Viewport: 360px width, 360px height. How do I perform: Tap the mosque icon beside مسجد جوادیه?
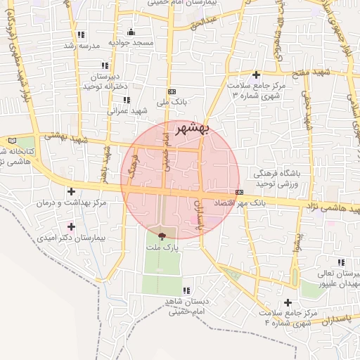click(x=131, y=32)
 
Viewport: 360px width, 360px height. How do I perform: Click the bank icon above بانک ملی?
click(x=172, y=91)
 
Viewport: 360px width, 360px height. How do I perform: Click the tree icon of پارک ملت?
click(x=163, y=237)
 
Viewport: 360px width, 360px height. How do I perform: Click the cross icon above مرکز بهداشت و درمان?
click(x=71, y=191)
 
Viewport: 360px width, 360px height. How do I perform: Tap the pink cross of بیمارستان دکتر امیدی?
click(x=71, y=226)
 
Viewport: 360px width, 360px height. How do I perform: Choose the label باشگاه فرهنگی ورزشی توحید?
click(x=262, y=178)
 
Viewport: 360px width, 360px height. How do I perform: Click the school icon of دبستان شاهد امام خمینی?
click(x=186, y=290)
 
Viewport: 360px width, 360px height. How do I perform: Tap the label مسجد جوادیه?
click(x=131, y=44)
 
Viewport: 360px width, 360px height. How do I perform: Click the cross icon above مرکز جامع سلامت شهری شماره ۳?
click(x=256, y=75)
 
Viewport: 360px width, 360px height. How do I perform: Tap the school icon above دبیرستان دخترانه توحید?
click(x=105, y=65)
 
